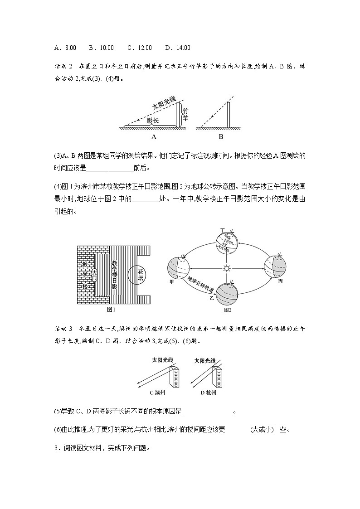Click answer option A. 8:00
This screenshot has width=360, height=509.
pos(64,48)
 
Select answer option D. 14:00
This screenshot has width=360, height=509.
pos(178,48)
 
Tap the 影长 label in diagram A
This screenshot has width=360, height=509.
pos(153,121)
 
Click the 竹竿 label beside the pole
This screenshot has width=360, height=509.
pos(185,114)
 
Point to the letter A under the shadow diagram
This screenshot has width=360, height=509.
pos(153,136)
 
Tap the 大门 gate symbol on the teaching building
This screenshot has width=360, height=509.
pos(94,275)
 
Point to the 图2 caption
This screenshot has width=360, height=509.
pos(228,311)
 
